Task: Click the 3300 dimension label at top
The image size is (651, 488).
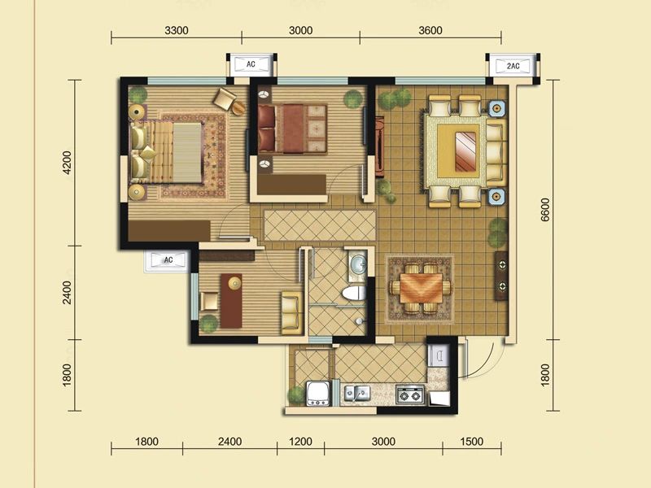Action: click(x=177, y=30)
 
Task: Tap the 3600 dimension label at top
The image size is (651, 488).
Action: click(x=430, y=30)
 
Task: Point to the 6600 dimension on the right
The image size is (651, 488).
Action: click(x=545, y=210)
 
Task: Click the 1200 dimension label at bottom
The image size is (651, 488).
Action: click(x=300, y=441)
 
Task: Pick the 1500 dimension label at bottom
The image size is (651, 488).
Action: click(x=472, y=441)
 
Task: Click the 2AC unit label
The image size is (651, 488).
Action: click(x=513, y=66)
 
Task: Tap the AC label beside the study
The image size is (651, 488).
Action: click(x=168, y=260)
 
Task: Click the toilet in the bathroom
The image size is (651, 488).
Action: click(x=354, y=293)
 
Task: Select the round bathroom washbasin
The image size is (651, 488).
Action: click(x=357, y=263)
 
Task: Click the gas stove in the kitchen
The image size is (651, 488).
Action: click(x=410, y=394)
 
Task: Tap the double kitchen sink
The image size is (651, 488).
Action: click(x=357, y=393)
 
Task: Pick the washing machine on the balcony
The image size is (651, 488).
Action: click(x=318, y=394)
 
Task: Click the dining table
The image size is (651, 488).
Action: click(x=421, y=289)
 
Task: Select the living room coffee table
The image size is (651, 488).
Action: click(x=467, y=151)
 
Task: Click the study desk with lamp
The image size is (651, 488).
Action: click(x=231, y=300)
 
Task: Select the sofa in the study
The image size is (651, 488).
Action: click(x=292, y=312)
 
